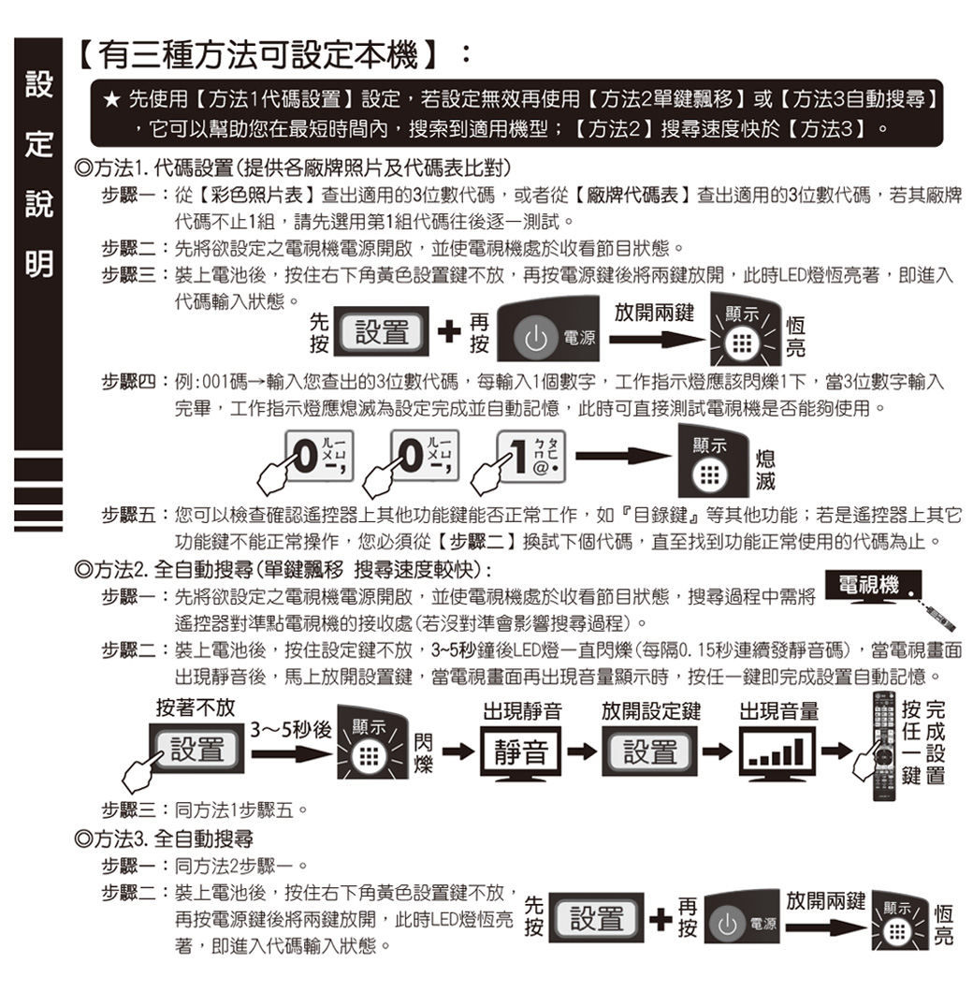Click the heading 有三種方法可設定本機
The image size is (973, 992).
258,53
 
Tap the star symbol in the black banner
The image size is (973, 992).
111,99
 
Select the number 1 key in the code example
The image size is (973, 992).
531,457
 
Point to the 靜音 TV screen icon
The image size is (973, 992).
521,752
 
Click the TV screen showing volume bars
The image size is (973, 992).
777,752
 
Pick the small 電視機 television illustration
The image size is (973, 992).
873,587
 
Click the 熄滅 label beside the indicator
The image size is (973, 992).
765,470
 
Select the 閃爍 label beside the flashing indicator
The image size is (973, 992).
423,752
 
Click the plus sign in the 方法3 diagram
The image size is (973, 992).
661,919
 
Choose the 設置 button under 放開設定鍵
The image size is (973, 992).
649,751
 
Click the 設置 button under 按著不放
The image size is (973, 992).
196,749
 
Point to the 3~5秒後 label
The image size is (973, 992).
291,729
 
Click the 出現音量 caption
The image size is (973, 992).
778,711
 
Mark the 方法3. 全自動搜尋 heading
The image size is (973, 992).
164,839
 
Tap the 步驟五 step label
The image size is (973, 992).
128,515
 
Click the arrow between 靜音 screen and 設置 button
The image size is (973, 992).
581,751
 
